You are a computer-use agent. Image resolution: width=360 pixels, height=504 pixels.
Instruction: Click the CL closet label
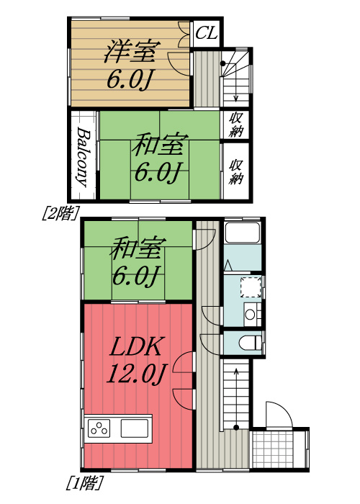(207, 33)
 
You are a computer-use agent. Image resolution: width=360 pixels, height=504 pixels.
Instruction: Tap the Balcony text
(84, 157)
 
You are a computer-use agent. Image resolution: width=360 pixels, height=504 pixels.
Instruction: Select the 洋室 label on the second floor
(130, 51)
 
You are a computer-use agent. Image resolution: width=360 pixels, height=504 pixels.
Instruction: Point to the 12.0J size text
(139, 374)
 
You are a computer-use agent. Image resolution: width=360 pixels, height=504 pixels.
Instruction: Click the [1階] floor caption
(84, 480)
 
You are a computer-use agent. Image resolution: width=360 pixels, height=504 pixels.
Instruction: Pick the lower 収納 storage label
(235, 171)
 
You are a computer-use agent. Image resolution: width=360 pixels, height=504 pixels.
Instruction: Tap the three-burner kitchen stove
(99, 428)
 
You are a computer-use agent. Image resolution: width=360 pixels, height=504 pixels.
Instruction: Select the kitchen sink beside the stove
(135, 428)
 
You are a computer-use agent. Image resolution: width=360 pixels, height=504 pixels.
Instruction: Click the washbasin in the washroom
(249, 313)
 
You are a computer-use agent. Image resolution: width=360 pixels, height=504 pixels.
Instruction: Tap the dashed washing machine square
(249, 286)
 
